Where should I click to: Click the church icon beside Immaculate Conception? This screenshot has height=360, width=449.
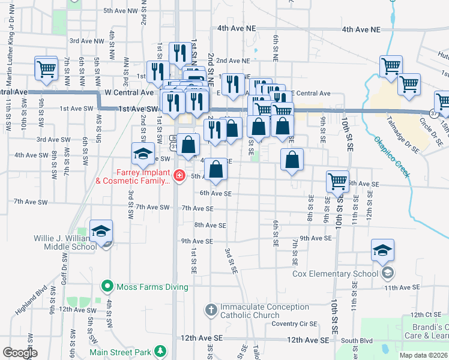coord(211,310)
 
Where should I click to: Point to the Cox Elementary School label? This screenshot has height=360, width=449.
coord(336,274)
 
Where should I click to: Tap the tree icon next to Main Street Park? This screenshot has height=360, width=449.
coord(160,351)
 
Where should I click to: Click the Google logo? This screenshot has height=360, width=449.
coord(20,353)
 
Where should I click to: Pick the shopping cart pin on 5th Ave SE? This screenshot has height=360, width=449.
coord(338,181)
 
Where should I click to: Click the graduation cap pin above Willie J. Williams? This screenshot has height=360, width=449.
coord(101,231)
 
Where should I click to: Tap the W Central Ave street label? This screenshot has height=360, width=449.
coord(129,93)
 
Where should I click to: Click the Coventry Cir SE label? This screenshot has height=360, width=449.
coord(294,323)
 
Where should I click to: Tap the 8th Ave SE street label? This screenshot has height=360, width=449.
coord(209,225)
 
